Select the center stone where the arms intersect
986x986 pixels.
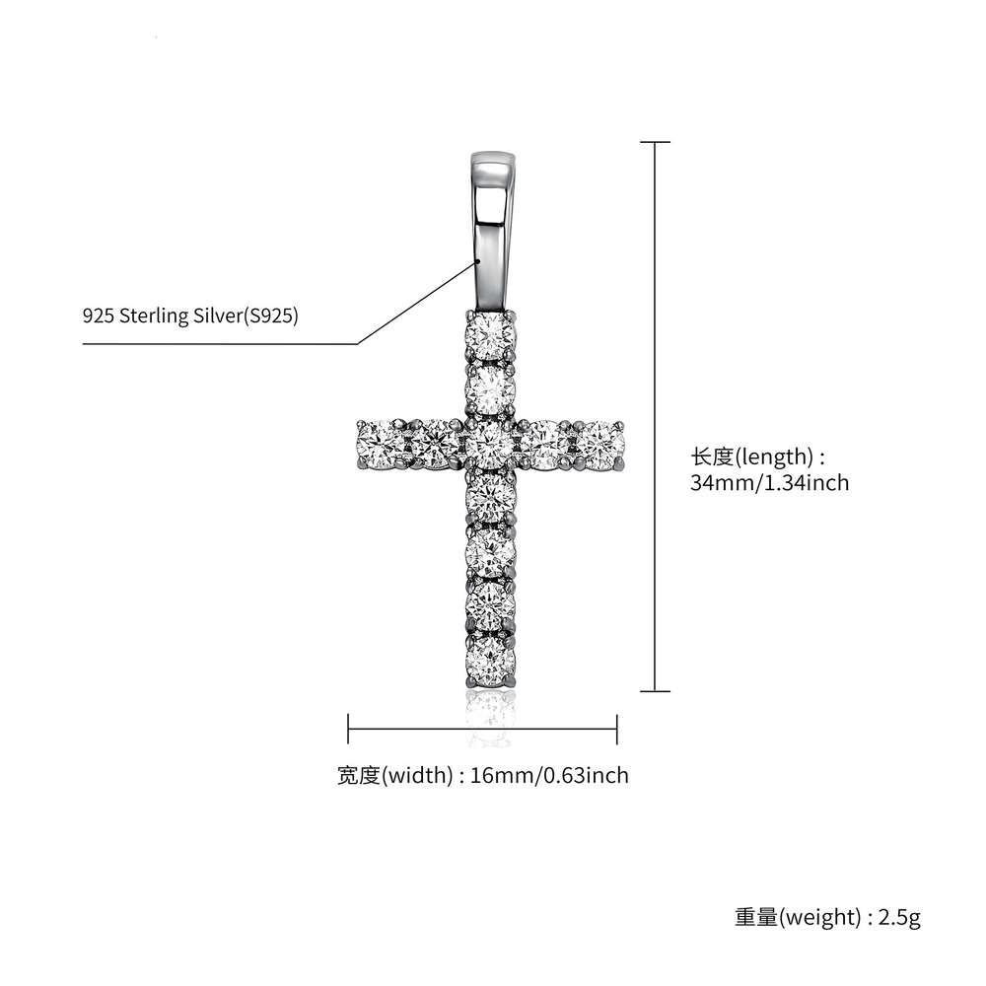[490, 444]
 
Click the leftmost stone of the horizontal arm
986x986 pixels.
[378, 443]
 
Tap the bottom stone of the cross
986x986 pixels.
[490, 658]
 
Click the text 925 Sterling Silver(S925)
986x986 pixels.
[190, 317]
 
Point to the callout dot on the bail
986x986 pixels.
[477, 261]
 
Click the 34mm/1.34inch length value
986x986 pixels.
[769, 483]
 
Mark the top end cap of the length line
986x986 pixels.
[656, 143]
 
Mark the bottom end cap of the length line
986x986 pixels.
[656, 692]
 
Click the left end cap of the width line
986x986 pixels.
[349, 731]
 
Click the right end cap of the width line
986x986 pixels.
[616, 731]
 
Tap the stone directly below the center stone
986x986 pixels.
[490, 498]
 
